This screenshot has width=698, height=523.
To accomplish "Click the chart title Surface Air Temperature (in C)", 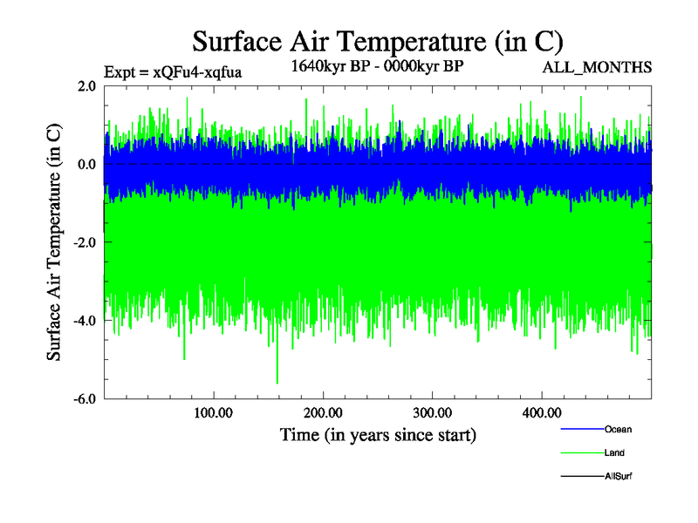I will (377, 41).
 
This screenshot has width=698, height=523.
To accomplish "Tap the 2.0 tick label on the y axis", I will (86, 85).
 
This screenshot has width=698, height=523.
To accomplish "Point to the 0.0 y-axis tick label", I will (86, 164).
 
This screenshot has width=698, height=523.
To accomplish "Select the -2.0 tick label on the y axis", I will (85, 242).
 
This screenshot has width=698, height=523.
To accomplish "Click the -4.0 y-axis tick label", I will (85, 321).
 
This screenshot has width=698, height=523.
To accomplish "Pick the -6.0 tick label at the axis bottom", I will (85, 399).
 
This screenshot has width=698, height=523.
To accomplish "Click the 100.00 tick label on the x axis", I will (214, 413).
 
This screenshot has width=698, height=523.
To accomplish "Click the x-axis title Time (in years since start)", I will (378, 434).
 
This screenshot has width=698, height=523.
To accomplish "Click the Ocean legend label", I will (618, 429).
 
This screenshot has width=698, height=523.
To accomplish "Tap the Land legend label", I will (614, 452).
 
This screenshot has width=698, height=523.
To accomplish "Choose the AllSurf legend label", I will (619, 476).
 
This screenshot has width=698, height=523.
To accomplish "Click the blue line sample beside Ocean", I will (581, 429).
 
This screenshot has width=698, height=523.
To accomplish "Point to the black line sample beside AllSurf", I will (581, 476).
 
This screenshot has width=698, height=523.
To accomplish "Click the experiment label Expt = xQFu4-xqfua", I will (173, 72).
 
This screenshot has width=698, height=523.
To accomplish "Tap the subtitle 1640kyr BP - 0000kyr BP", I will (378, 67).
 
